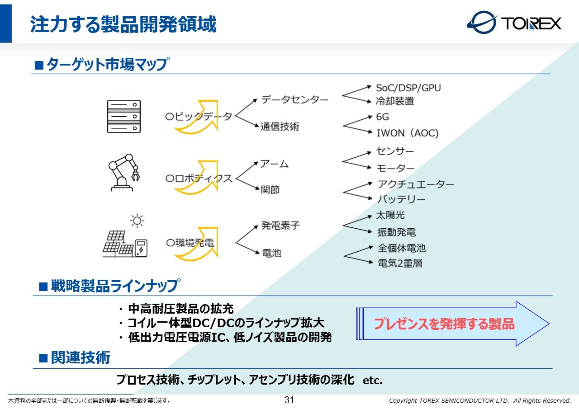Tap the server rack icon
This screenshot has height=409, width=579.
[123, 116]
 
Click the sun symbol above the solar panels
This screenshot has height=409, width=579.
[137, 221]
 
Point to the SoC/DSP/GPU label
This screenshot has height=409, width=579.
[408, 88]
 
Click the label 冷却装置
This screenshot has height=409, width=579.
[395, 101]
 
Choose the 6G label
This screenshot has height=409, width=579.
[382, 117]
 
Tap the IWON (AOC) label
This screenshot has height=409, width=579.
[407, 133]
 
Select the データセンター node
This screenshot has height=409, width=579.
[294, 100]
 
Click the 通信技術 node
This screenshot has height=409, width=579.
[280, 127]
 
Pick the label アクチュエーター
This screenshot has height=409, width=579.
[416, 184]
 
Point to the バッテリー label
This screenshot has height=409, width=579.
[401, 199]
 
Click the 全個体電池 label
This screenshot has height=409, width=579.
[402, 248]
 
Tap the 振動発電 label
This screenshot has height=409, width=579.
[396, 232]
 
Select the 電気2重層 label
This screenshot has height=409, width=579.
[400, 263]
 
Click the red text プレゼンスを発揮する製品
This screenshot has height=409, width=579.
[444, 324]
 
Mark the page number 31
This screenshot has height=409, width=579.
[289, 400]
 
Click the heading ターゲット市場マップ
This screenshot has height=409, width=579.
[107, 64]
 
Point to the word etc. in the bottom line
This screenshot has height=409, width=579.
[372, 381]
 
